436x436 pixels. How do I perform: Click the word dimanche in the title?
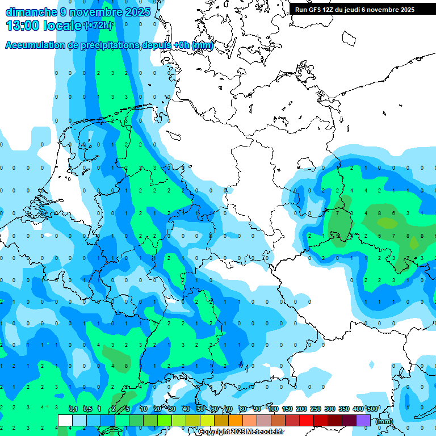(x=31, y=12)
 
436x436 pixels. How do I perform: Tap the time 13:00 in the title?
(x=22, y=25)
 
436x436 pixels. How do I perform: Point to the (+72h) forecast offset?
(x=98, y=26)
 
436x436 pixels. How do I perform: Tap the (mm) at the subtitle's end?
(x=202, y=45)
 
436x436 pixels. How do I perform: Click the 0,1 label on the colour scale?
(x=73, y=409)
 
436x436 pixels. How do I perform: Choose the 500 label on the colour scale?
(x=371, y=409)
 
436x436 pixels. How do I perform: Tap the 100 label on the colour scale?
(x=273, y=409)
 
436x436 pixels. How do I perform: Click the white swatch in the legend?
(x=65, y=420)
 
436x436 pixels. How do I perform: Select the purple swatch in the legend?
(x=363, y=420)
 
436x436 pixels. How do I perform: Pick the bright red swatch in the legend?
(x=307, y=420)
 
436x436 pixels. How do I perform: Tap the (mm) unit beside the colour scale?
(x=384, y=421)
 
